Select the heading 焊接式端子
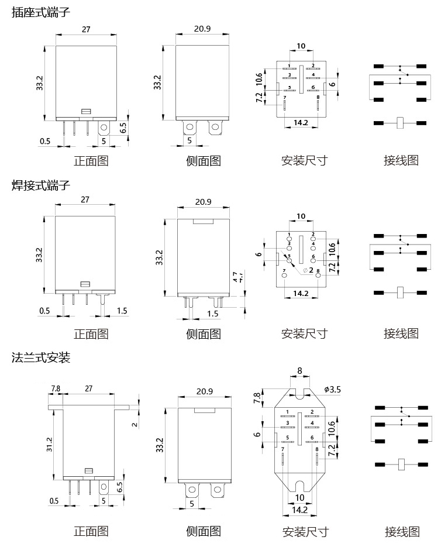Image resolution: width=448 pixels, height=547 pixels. click(41, 185)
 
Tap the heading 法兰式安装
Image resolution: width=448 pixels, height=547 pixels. click(41, 357)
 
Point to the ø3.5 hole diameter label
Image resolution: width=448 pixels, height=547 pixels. click(332, 388)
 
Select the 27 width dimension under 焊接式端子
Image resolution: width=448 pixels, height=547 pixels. click(85, 199)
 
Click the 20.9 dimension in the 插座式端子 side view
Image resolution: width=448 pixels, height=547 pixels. click(202, 29)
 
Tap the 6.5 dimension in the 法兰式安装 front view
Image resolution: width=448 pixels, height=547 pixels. click(120, 486)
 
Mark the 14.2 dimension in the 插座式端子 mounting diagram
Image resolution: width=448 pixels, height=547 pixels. click(301, 123)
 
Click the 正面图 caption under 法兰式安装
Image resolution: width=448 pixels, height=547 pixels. click(91, 531)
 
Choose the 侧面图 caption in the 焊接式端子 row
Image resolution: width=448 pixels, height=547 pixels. click(203, 333)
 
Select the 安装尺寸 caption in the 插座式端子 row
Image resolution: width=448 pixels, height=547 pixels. click(304, 160)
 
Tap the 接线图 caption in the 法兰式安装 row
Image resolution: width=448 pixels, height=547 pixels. click(402, 531)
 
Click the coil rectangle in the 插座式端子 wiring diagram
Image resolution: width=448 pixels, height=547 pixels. click(401, 123)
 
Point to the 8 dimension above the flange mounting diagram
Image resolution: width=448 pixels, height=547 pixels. click(300, 370)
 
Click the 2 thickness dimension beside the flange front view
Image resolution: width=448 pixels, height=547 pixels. click(135, 424)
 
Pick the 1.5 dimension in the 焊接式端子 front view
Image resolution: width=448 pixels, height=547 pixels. click(121, 311)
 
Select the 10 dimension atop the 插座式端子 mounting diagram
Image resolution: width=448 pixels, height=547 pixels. click(301, 46)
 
